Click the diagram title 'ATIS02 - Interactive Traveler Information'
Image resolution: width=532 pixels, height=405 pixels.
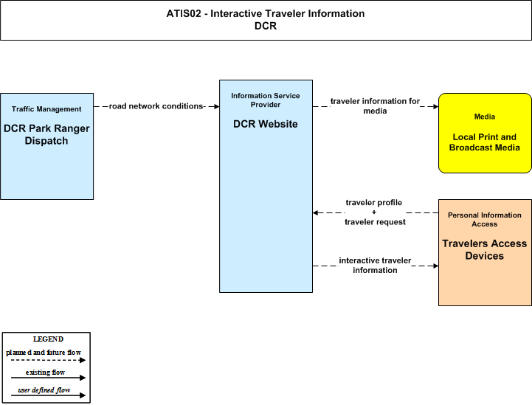[266, 13]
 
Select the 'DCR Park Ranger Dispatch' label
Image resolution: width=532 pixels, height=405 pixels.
[46, 135]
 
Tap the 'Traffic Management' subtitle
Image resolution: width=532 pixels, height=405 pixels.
[46, 109]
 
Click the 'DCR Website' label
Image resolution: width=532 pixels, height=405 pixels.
[266, 124]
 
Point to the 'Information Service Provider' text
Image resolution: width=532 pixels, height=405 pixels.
[266, 100]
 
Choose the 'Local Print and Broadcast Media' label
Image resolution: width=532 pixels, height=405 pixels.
[485, 142]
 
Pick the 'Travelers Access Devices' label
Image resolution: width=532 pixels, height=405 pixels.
[485, 249]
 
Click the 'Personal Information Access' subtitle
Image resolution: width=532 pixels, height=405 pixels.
[485, 219]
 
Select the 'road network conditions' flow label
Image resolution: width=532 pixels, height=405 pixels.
[156, 106]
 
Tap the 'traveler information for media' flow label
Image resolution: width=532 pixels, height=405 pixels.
[375, 105]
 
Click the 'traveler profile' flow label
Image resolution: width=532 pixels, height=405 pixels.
[374, 202]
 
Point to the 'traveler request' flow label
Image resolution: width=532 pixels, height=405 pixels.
[375, 222]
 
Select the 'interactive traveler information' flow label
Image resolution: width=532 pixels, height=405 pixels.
[375, 266]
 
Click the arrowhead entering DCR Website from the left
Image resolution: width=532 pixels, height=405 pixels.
[217, 106]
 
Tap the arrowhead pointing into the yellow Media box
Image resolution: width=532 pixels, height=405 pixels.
[435, 106]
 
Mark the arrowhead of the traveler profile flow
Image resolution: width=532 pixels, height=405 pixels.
[316, 212]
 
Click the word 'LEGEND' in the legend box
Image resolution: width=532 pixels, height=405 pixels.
[48, 339]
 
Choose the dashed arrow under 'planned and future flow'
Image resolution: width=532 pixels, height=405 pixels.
[48, 360]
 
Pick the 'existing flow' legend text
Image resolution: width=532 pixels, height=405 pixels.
[45, 373]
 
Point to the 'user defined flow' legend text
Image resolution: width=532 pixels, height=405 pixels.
[44, 390]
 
